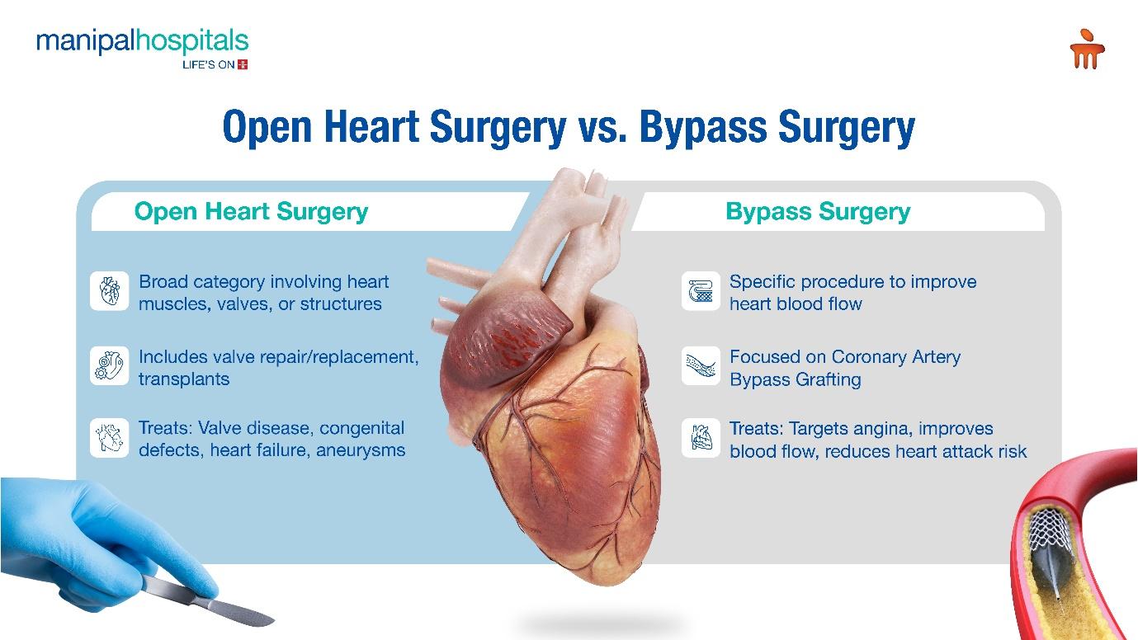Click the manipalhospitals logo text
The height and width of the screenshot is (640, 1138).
(x=142, y=42)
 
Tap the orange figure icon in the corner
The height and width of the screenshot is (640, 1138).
(x=1087, y=49)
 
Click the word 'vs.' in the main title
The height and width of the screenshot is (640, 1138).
(x=602, y=127)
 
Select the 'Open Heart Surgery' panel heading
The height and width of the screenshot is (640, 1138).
(x=251, y=212)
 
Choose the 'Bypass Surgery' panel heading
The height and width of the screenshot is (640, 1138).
(x=818, y=212)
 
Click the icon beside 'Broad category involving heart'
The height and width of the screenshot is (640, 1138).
(x=109, y=291)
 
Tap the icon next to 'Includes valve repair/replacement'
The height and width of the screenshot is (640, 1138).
(x=109, y=366)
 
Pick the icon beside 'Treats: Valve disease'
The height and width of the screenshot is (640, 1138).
(x=109, y=438)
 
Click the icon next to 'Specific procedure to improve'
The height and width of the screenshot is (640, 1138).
(x=701, y=291)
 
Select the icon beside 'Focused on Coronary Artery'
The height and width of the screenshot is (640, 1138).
(x=701, y=366)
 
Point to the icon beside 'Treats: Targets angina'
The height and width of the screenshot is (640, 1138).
(x=701, y=438)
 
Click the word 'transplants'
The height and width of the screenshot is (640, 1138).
(x=184, y=379)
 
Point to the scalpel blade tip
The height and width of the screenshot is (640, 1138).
(x=273, y=619)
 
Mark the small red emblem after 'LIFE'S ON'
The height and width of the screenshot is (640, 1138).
(x=243, y=64)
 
